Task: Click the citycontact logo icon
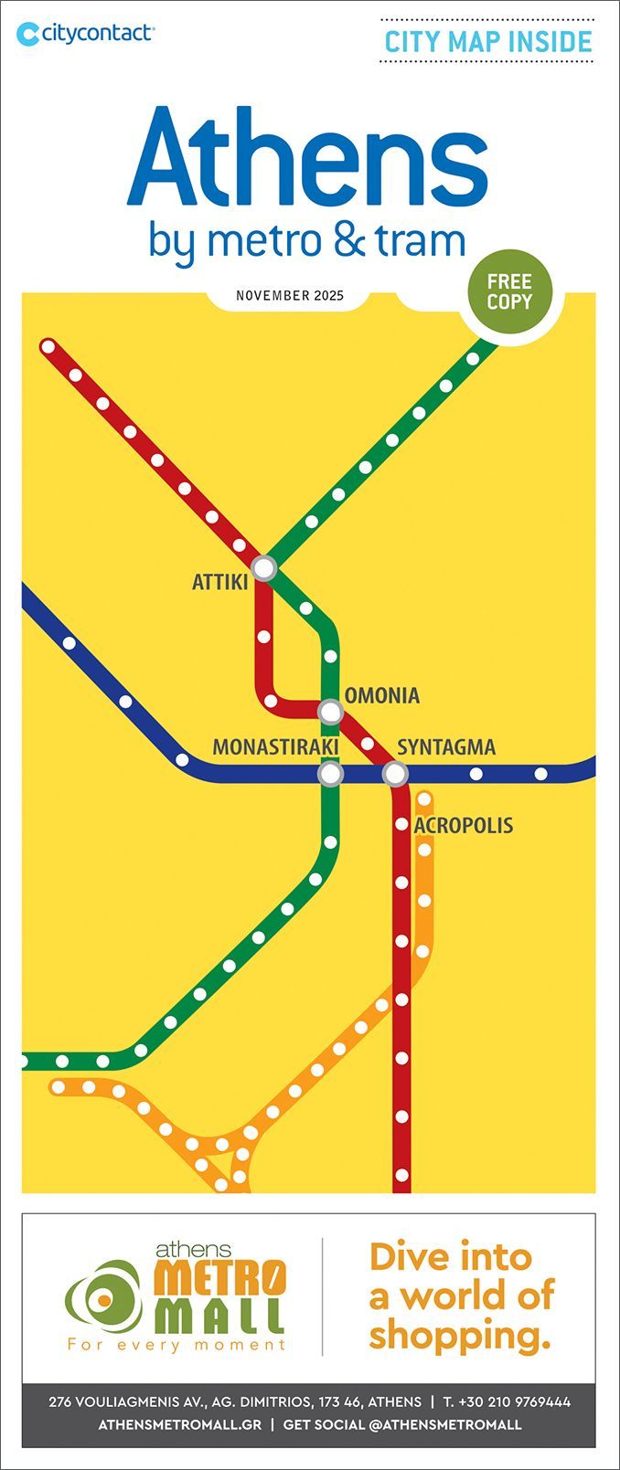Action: [28, 34]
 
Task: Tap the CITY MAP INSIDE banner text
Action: [487, 41]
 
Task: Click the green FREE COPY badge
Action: [509, 291]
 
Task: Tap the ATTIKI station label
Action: [219, 581]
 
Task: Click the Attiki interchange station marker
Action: [264, 567]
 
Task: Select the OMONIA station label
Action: [382, 696]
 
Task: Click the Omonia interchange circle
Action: [330, 711]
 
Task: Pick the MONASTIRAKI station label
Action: [275, 747]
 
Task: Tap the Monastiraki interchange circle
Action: [330, 775]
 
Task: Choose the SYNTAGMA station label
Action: [446, 747]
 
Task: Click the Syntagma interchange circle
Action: [395, 775]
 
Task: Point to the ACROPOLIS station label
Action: [464, 826]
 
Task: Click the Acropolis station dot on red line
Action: [401, 825]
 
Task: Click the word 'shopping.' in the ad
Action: [460, 1335]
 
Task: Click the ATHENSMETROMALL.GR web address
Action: [179, 1424]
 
